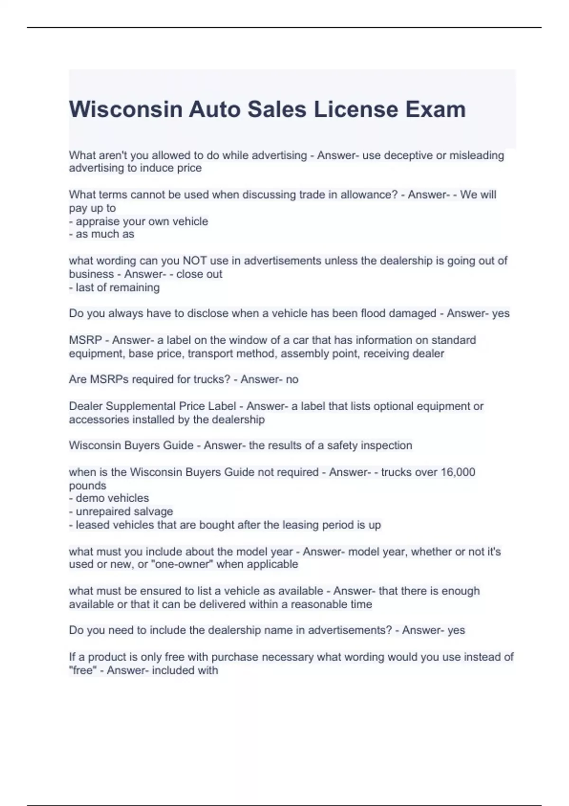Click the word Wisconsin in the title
point(126,109)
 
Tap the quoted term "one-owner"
point(182,564)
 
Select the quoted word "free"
point(82,670)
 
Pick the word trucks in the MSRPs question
point(210,379)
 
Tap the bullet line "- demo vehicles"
point(109,498)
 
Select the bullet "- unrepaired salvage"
point(121,511)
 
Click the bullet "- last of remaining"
point(114,287)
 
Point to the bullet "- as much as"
point(101,234)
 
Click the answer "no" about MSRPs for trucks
point(292,379)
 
